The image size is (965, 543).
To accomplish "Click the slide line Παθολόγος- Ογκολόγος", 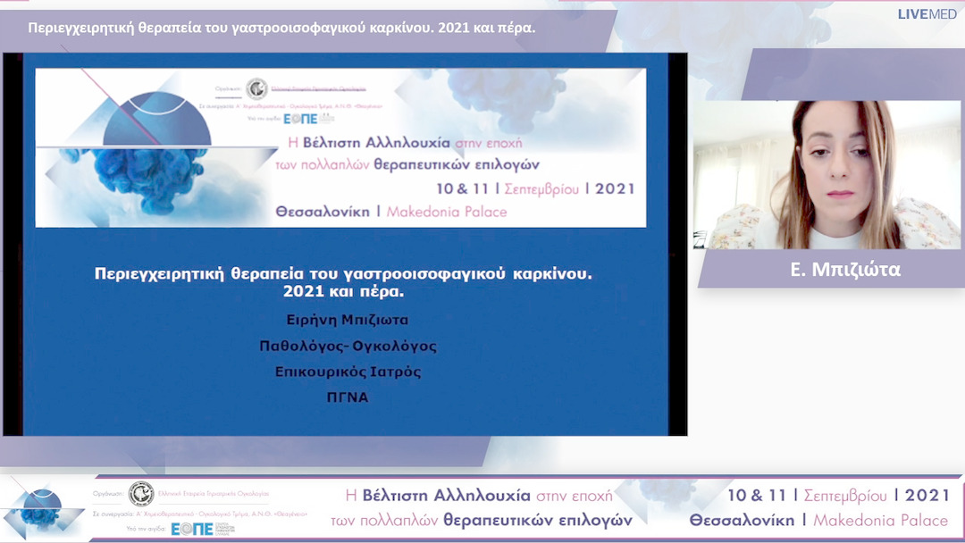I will (x=348, y=346).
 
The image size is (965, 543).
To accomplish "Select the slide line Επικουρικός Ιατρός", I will (x=348, y=372).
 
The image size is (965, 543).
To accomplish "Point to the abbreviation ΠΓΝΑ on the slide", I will (x=348, y=397).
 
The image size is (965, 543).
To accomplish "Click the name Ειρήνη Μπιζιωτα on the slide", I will (x=348, y=320).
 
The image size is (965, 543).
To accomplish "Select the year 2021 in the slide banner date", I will (x=615, y=188).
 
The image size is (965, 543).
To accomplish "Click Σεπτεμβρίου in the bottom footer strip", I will (x=846, y=496).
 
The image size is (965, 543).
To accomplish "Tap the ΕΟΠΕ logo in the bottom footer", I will (x=192, y=529).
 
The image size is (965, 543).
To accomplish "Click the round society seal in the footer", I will (x=140, y=494).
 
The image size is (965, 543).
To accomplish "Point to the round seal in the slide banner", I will (x=256, y=88).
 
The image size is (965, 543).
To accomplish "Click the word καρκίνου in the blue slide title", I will (x=553, y=274).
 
